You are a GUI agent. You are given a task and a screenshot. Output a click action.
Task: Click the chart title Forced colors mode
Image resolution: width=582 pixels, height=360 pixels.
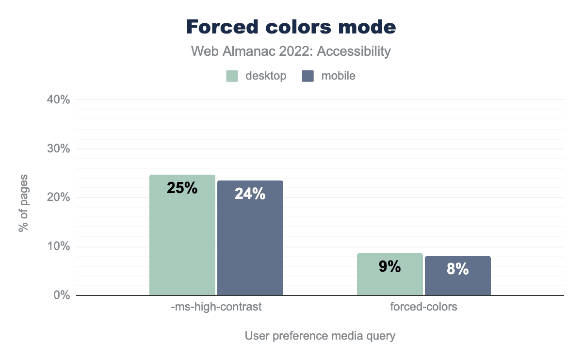pos(291,27)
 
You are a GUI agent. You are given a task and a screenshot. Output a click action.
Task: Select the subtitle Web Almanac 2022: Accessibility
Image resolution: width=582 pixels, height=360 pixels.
pos(291,51)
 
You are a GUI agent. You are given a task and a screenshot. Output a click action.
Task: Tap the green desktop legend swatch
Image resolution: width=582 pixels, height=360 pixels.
pos(232,76)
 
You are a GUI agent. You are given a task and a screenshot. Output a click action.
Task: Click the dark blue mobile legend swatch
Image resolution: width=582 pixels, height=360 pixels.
pos(308,76)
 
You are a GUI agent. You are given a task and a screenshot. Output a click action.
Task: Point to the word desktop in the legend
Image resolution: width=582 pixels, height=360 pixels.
pos(266,76)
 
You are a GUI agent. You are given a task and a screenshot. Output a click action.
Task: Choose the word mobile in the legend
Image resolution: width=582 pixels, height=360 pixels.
pos(339,76)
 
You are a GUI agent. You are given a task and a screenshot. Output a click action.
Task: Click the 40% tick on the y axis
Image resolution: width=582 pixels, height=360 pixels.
pos(59,100)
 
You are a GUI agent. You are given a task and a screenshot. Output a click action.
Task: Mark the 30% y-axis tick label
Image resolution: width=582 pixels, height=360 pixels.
pos(59,149)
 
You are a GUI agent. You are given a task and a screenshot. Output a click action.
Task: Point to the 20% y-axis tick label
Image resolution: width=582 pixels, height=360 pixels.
pos(59,197)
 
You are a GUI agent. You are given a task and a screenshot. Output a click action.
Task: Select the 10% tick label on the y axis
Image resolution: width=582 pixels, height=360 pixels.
pos(59,246)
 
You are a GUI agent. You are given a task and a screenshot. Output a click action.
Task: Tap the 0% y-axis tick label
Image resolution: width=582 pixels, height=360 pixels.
pos(62,295)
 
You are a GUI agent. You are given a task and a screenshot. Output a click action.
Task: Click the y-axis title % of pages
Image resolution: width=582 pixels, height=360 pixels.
pos(23,202)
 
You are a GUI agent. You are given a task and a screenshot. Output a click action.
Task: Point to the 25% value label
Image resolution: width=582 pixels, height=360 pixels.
pos(182,188)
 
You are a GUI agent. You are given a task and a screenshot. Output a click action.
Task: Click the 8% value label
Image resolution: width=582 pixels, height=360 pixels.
pos(458,269)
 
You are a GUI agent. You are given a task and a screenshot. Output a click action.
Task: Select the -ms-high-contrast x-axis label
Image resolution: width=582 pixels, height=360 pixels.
pos(216,307)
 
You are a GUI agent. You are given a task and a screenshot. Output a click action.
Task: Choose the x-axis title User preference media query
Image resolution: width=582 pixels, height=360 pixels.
pos(320,336)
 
